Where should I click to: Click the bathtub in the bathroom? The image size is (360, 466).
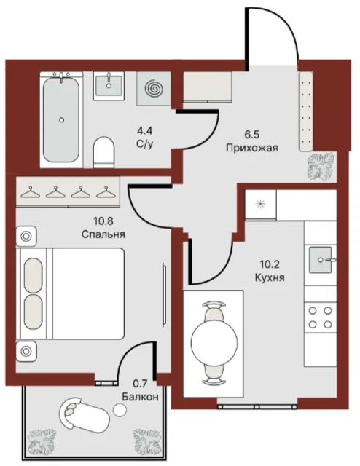(62, 119)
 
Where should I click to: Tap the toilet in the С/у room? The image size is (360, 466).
(103, 152)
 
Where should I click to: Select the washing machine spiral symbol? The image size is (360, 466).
(154, 88)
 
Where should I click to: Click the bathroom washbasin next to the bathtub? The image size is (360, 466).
(109, 86)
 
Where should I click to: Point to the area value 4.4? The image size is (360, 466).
(144, 130)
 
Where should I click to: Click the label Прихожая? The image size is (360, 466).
(252, 148)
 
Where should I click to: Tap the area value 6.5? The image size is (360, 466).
(252, 134)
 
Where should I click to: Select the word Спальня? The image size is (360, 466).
(103, 234)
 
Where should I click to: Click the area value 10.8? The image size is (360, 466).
(103, 221)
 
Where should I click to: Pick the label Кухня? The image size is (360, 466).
(270, 277)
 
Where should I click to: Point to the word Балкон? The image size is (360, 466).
(140, 397)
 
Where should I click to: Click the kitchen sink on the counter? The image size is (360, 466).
(321, 260)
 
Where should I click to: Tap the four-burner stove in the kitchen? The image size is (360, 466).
(320, 317)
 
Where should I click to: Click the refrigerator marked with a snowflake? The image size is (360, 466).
(261, 205)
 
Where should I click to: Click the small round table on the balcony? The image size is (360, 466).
(120, 410)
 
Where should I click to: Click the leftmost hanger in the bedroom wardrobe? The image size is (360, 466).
(31, 192)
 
